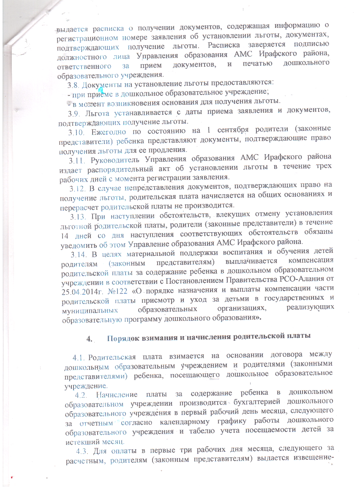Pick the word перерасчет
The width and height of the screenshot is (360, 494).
point(79,206)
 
